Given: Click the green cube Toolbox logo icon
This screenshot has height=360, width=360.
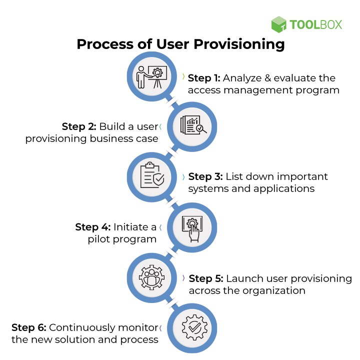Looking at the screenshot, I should (279, 24).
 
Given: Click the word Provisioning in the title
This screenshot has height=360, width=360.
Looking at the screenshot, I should (239, 44).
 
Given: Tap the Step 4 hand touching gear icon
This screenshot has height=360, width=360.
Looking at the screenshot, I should (193, 226).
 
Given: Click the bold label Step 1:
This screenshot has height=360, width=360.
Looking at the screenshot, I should (204, 78).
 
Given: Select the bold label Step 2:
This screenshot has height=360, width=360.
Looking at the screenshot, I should (78, 126).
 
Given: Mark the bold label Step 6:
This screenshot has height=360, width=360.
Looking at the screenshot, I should (29, 327).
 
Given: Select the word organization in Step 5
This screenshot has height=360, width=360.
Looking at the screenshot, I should (277, 290).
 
